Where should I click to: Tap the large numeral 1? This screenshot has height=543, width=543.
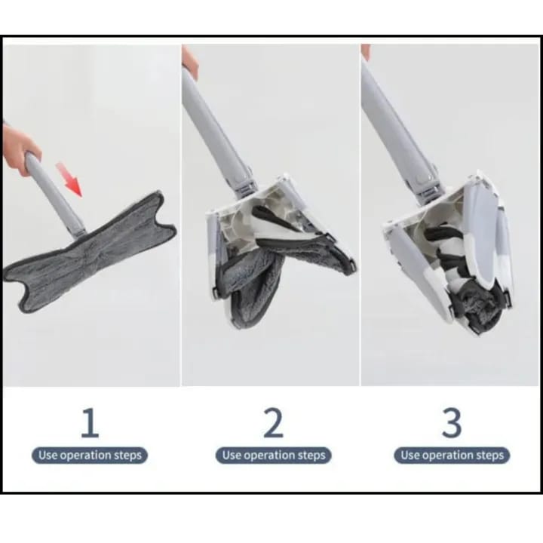[x=90, y=422]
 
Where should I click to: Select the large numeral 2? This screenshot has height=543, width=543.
[x=273, y=422]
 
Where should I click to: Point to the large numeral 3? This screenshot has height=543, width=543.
[x=452, y=422]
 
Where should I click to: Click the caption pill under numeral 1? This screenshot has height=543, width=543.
[x=90, y=455]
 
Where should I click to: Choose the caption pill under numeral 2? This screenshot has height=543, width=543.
[x=274, y=455]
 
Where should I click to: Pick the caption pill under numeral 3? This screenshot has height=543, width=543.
[x=452, y=455]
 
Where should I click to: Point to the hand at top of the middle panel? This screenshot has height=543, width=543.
[x=189, y=63]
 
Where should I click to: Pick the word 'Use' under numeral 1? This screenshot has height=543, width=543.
[x=48, y=455]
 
